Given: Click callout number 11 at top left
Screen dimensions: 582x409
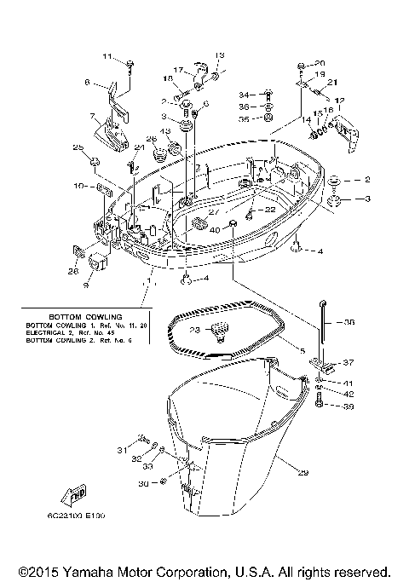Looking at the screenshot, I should (107, 57).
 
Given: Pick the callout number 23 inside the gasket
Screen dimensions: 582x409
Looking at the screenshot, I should (194, 330).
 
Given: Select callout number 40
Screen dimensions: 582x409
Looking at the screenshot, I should (215, 229).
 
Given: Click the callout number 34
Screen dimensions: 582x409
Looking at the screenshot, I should (243, 95).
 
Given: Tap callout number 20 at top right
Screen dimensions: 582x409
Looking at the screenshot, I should (320, 64).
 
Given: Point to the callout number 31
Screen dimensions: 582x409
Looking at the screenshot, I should (120, 450).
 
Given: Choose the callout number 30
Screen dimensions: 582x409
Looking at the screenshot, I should (142, 483).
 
